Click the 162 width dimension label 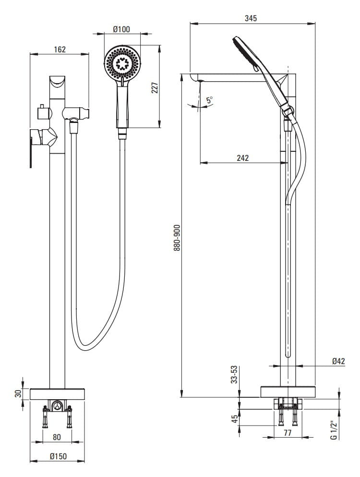click(x=60, y=49)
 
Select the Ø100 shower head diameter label click(x=122, y=29)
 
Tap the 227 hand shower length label click(x=155, y=87)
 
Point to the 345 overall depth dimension click(x=251, y=18)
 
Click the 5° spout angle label click(x=209, y=100)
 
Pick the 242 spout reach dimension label click(x=243, y=158)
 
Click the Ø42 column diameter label click(x=339, y=361)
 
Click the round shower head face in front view click(x=123, y=63)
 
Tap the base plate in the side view click(x=288, y=391)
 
